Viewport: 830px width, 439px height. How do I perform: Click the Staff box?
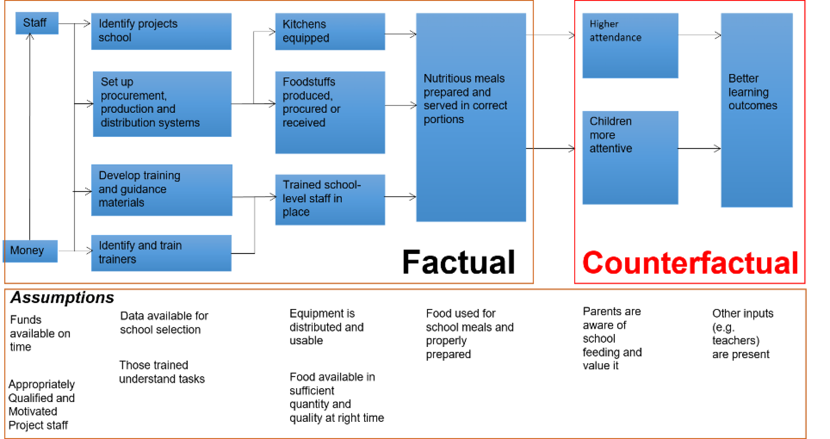pos(37,23)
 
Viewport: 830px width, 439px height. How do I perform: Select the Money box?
pos(30,251)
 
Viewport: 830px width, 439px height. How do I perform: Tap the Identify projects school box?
pos(161,31)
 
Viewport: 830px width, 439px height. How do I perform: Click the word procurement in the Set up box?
pos(134,96)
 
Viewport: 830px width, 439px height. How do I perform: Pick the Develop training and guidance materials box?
pos(161,190)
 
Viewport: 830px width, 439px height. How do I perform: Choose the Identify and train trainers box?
pos(161,253)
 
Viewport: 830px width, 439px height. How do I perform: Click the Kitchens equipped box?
pos(330,31)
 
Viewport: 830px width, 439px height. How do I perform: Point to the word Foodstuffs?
pos(309,82)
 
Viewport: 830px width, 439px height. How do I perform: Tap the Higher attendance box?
pos(630,45)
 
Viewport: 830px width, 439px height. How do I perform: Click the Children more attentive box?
pos(630,158)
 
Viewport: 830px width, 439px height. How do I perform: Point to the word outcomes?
pos(753,106)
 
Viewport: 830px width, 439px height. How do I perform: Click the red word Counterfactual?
pos(690,263)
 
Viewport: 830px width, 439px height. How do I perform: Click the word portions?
pos(444,119)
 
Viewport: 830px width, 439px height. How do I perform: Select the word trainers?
pos(117,259)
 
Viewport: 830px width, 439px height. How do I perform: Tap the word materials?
pos(121,203)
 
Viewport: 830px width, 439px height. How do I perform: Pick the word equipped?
pos(306,38)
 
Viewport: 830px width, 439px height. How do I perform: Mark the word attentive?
pos(611,148)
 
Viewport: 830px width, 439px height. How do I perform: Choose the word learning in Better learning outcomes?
pos(748,92)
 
